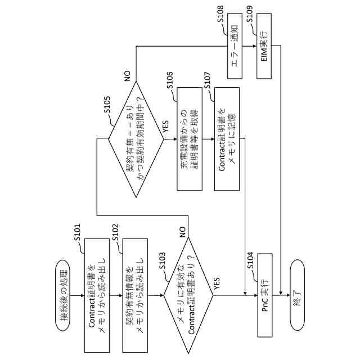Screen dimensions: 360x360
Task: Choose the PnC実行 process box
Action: point(265,296)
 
